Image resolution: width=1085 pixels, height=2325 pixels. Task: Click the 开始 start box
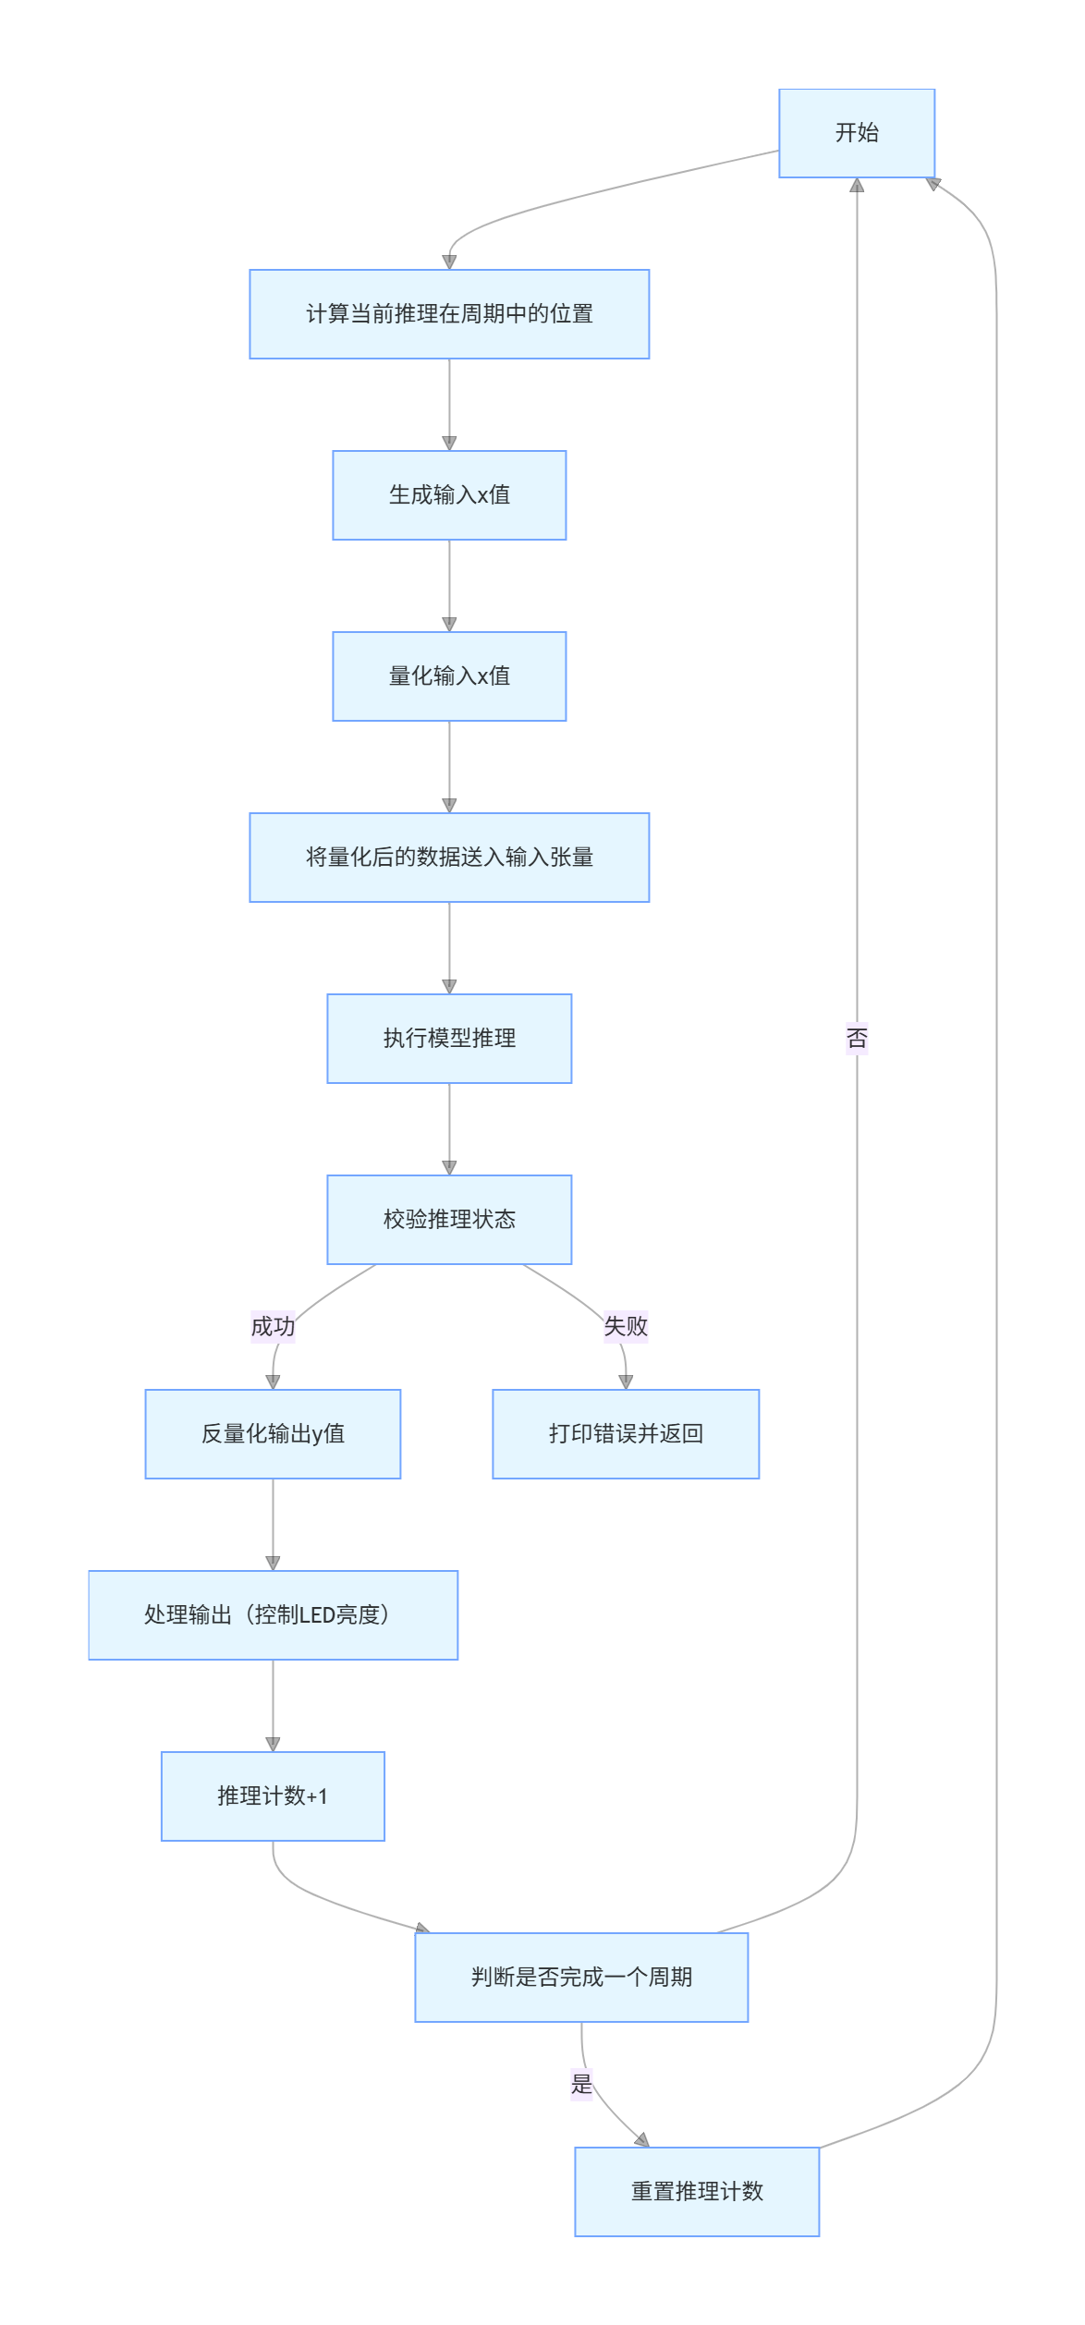pyautogui.click(x=856, y=133)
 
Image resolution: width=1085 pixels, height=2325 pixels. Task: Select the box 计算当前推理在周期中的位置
pyautogui.click(x=449, y=314)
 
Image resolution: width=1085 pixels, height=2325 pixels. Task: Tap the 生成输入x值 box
pyautogui.click(x=449, y=495)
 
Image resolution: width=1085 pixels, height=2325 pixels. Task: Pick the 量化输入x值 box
pyautogui.click(x=449, y=676)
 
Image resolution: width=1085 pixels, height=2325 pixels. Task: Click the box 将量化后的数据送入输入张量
pyautogui.click(x=449, y=858)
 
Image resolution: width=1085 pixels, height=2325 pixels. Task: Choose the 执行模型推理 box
pyautogui.click(x=449, y=1039)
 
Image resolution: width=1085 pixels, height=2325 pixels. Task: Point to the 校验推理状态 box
pyautogui.click(x=449, y=1220)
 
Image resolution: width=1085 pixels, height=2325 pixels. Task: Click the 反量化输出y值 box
pyautogui.click(x=273, y=1434)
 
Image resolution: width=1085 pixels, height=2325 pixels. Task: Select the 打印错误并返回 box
pyautogui.click(x=626, y=1434)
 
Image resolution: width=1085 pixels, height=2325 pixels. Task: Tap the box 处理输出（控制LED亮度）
pyautogui.click(x=273, y=1615)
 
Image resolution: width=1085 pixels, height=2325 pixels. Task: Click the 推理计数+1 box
pyautogui.click(x=273, y=1796)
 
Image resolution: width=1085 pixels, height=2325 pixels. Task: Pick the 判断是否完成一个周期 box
pyautogui.click(x=581, y=1978)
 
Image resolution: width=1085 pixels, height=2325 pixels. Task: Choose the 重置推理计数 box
pyautogui.click(x=697, y=2192)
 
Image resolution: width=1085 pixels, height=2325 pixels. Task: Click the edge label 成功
pyautogui.click(x=273, y=1327)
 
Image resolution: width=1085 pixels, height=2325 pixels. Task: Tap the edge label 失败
pyautogui.click(x=626, y=1327)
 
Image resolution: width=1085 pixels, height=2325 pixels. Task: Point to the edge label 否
pyautogui.click(x=857, y=1039)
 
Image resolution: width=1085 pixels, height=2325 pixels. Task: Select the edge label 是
pyautogui.click(x=581, y=2085)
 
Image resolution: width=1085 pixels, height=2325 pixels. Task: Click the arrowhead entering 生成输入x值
pyautogui.click(x=449, y=444)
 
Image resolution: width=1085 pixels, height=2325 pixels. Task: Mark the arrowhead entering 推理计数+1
pyautogui.click(x=273, y=1746)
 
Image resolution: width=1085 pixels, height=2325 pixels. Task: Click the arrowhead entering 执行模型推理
pyautogui.click(x=449, y=988)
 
